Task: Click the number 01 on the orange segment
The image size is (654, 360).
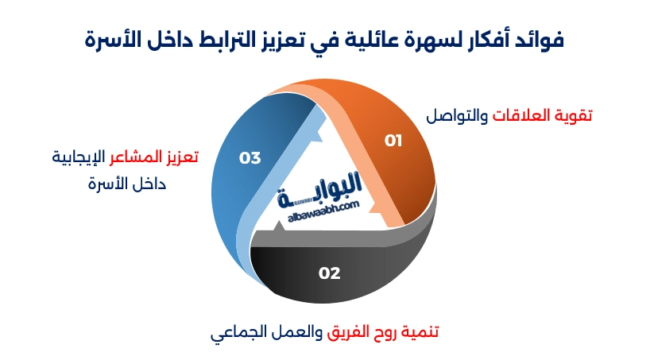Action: tap(393, 141)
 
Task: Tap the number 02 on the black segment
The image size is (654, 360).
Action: tap(329, 273)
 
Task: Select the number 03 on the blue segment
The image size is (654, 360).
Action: tap(250, 158)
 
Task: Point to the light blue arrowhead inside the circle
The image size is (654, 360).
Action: tap(314, 135)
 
